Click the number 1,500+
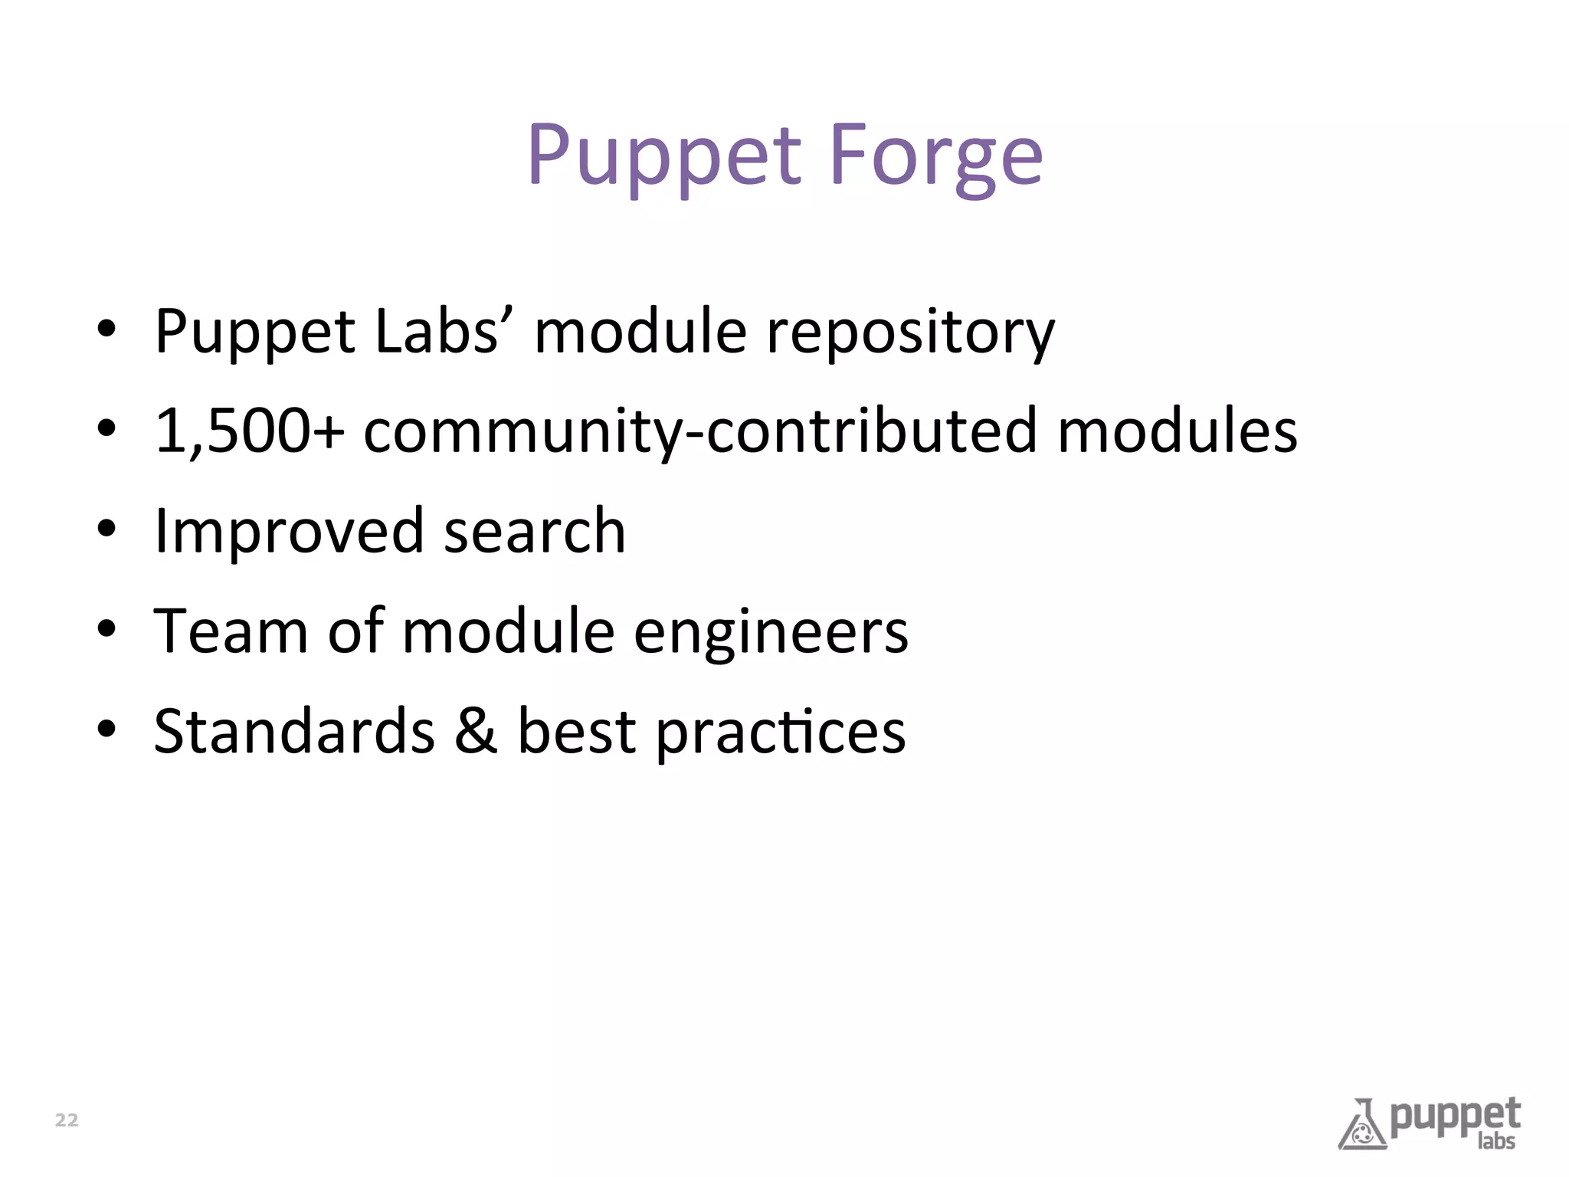click(249, 431)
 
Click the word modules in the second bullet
click(1178, 431)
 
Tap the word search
click(535, 531)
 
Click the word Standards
click(294, 731)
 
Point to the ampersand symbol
click(476, 731)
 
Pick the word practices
click(781, 733)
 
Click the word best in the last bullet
click(577, 731)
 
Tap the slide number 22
click(67, 1120)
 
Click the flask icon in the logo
click(1362, 1126)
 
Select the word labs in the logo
click(1496, 1141)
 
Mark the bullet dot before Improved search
click(106, 529)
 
